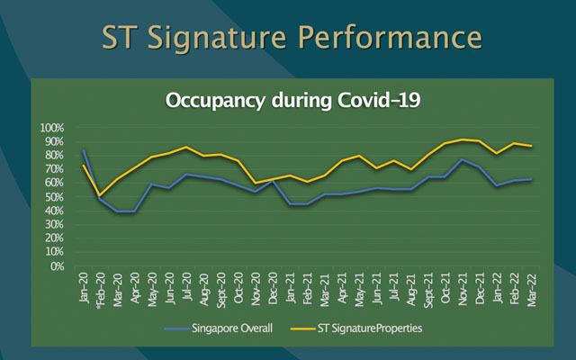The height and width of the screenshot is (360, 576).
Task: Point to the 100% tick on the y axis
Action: (52, 127)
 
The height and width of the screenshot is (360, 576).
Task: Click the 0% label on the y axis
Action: (58, 266)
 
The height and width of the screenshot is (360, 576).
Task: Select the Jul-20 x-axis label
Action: (186, 290)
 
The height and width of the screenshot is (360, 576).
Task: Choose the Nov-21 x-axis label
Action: (461, 290)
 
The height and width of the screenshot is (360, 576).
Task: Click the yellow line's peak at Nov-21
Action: (462, 139)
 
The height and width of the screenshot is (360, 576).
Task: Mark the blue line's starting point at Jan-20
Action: (84, 150)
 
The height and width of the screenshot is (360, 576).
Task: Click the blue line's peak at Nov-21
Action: (462, 160)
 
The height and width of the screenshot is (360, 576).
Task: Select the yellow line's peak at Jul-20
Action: (186, 147)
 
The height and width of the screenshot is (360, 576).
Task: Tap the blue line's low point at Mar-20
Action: (118, 211)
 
